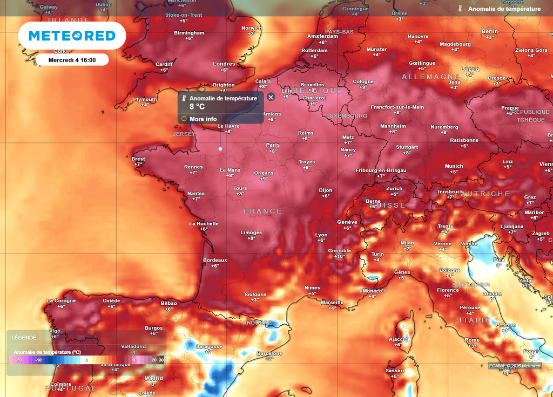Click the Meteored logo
(x=72, y=36)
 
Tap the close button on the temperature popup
(x=271, y=97)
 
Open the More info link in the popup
(x=203, y=119)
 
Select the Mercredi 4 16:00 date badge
(x=72, y=60)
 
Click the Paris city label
(x=273, y=145)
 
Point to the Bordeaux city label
(x=215, y=260)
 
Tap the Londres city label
(x=224, y=64)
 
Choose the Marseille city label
(x=332, y=302)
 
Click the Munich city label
(x=454, y=166)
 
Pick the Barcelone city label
(x=269, y=353)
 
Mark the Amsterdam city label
(x=322, y=36)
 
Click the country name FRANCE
(x=263, y=211)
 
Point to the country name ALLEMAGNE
(x=430, y=77)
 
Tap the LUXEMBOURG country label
(x=347, y=116)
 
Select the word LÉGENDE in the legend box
(x=24, y=338)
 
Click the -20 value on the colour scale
(x=18, y=360)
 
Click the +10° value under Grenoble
(x=339, y=257)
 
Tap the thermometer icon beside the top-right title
(x=460, y=9)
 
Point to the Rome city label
(x=472, y=340)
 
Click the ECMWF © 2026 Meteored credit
(x=515, y=366)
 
